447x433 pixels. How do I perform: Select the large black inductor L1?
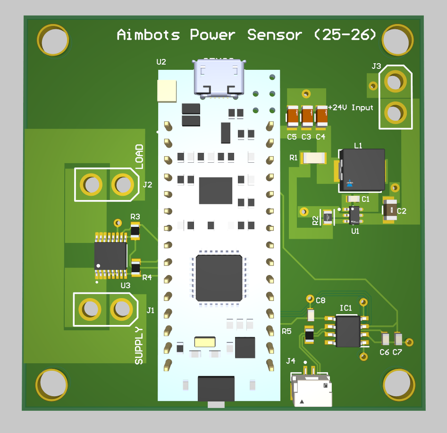tap(362, 170)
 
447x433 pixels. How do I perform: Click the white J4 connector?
tap(312, 391)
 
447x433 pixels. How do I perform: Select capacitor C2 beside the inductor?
tap(390, 210)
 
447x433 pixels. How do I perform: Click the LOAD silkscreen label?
tap(139, 157)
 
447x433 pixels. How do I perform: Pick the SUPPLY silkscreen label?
tap(139, 345)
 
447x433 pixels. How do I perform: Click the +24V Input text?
tap(351, 108)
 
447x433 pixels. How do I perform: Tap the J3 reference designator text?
tap(376, 67)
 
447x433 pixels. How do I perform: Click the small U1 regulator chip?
tap(355, 215)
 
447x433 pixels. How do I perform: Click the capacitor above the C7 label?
tap(398, 339)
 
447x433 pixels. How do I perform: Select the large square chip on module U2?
tap(219, 278)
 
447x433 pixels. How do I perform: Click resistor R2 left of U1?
tap(327, 217)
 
